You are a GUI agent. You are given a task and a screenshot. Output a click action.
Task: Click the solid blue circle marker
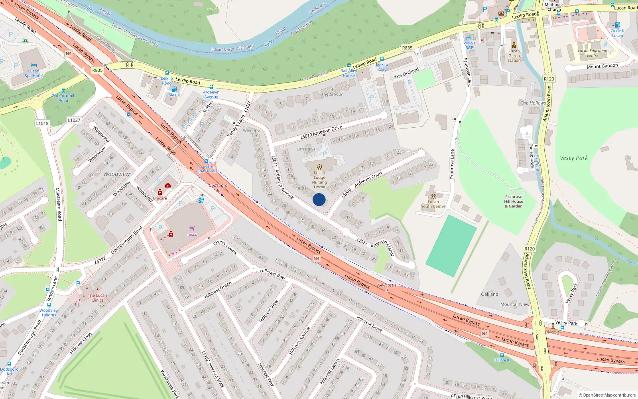[319, 199]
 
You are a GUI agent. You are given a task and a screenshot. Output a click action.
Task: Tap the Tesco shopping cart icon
[192, 229]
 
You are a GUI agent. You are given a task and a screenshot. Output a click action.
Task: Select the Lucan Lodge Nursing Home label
[319, 180]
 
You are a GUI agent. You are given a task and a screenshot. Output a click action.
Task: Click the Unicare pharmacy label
[160, 198]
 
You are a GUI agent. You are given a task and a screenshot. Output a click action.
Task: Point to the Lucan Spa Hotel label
[33, 73]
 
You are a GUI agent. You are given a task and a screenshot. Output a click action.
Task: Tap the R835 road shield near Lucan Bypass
[97, 70]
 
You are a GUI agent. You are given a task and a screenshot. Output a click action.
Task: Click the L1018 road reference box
[42, 123]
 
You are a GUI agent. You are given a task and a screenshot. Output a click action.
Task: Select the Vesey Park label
[573, 158]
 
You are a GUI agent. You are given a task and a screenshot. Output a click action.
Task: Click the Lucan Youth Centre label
[433, 204]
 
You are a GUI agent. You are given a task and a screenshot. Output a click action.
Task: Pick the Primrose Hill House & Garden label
[514, 201]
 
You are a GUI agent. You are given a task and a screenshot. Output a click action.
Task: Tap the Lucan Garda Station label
[514, 55]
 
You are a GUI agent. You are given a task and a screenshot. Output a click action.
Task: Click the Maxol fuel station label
[174, 95]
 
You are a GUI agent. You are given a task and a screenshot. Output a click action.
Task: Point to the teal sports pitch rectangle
[451, 246]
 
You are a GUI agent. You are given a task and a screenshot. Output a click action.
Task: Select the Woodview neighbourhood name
[116, 174]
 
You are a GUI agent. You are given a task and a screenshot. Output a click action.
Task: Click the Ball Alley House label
[349, 73]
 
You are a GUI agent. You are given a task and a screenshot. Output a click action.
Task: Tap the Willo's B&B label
[469, 45]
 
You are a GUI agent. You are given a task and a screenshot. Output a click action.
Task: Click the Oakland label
[489, 294]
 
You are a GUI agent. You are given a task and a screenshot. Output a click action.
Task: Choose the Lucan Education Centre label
[593, 53]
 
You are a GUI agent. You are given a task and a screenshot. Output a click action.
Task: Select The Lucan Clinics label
[97, 298]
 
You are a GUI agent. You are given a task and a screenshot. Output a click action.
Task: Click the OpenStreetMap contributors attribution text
[607, 395]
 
